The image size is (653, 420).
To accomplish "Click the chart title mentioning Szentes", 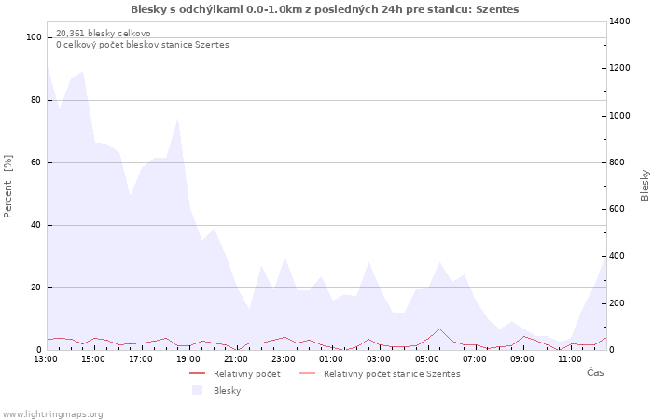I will tap(325, 9).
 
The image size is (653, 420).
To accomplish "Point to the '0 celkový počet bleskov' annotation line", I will tap(142, 45).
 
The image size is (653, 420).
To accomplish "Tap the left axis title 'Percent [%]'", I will tap(8, 186).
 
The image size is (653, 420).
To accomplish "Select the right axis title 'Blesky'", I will tap(645, 185).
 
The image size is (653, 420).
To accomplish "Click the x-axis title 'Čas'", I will tap(595, 373).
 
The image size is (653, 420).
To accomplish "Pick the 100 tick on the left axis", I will tap(35, 37).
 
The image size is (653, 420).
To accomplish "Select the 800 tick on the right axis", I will tap(619, 162).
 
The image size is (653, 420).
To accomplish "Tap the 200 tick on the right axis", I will tap(619, 303).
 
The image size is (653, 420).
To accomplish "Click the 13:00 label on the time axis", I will tap(46, 358).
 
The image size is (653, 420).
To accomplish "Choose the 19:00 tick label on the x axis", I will tap(189, 358).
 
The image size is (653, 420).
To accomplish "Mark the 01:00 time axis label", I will tap(332, 358).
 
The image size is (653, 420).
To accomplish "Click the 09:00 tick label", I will tap(522, 358).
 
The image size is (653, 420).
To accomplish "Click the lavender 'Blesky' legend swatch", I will tap(197, 390).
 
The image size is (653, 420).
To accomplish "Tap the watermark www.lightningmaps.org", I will tap(53, 413).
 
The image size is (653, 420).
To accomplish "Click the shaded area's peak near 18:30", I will tap(177, 119).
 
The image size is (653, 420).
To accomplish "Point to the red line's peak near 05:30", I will tap(439, 329).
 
